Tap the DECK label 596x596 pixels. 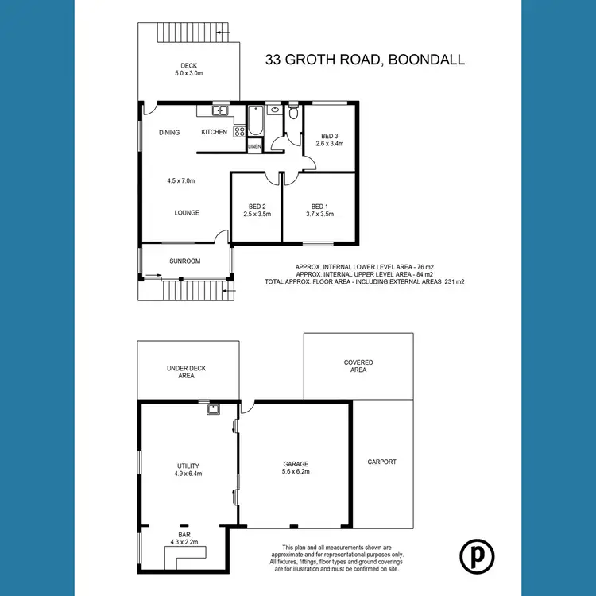tap(188, 66)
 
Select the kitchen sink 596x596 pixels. tap(221, 111)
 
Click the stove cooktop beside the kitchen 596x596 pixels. tap(238, 132)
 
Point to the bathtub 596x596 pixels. tap(255, 123)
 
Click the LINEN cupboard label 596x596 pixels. tap(255, 147)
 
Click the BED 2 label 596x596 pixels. tap(256, 205)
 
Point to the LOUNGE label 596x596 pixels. tap(187, 213)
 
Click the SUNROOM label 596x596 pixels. tap(185, 261)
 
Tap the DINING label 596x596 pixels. tap(169, 133)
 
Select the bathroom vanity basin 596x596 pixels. tap(274, 110)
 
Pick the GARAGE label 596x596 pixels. tap(295, 464)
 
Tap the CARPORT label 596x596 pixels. tap(381, 462)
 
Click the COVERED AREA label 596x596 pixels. tap(358, 366)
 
